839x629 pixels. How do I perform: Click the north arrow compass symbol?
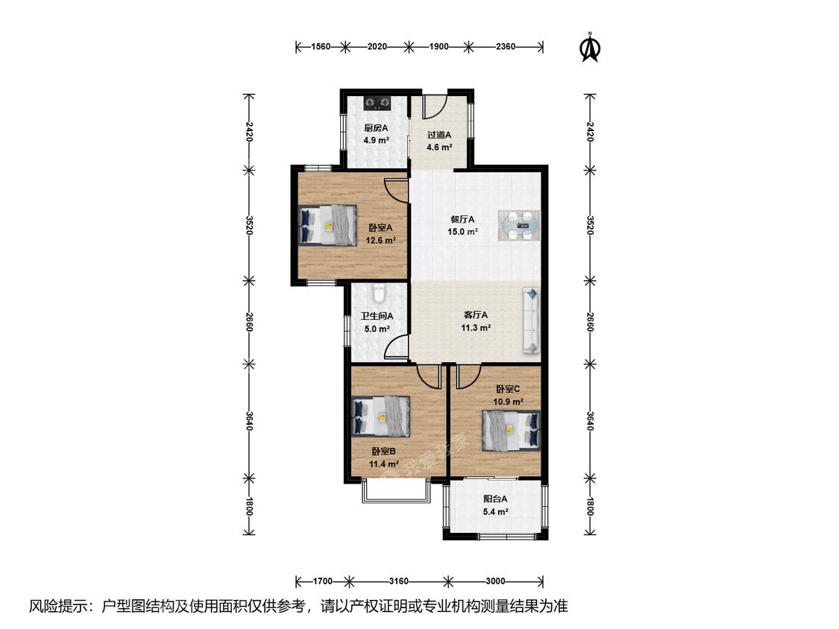point(590,48)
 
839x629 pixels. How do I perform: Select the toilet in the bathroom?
point(379,293)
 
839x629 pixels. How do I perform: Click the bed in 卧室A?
point(327,225)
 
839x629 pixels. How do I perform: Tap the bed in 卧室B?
point(381,416)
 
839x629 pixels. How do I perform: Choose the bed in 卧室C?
point(511,430)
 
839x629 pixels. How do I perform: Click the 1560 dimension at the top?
point(321,47)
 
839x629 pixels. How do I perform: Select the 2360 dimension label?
point(505,47)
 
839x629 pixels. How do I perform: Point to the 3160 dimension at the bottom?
point(399,581)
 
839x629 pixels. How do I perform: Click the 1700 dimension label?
point(323,581)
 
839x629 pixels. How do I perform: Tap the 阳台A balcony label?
point(495,499)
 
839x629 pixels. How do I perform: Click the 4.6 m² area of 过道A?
point(439,147)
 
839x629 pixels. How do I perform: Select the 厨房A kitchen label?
point(376,128)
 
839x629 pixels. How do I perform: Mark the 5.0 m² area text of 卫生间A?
point(377,329)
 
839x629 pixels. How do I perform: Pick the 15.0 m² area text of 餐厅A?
point(462,232)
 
